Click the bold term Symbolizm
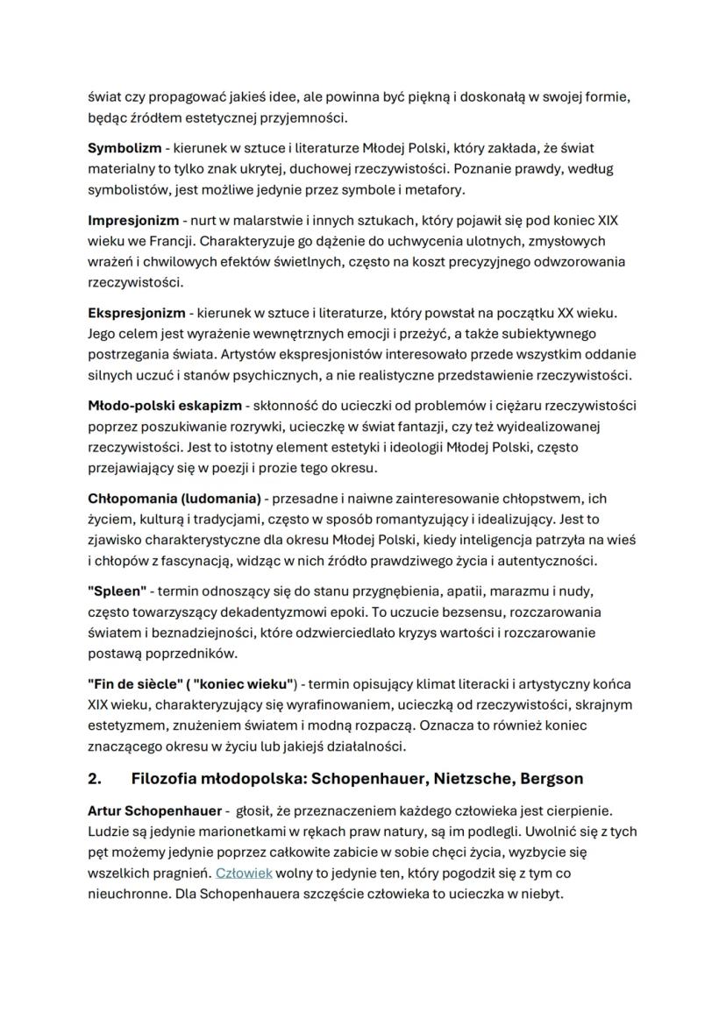click(x=124, y=148)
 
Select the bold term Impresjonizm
click(x=132, y=220)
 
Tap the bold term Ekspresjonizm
click(x=136, y=313)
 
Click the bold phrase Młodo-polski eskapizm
click(x=163, y=406)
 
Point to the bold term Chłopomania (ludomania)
click(x=174, y=499)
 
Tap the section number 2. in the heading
click(x=96, y=778)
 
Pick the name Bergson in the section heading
click(x=551, y=778)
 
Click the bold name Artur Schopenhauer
click(x=154, y=812)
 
